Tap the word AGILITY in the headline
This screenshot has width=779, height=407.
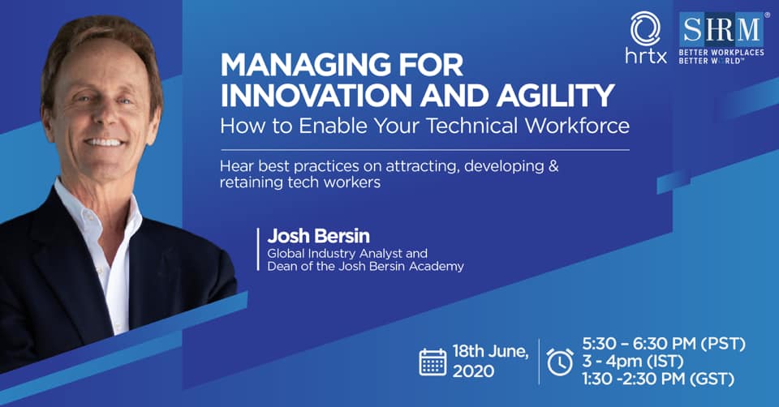(x=556, y=96)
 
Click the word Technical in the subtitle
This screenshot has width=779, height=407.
(x=473, y=126)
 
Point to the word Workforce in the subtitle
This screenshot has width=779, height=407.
(x=578, y=126)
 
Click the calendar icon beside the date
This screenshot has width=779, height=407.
(x=433, y=362)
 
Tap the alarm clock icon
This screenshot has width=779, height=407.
(x=560, y=361)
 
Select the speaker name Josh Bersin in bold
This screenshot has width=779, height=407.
(x=318, y=236)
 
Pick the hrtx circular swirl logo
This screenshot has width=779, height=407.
(x=645, y=29)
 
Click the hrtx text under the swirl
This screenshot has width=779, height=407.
(x=646, y=57)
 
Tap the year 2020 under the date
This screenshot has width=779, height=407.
(x=473, y=371)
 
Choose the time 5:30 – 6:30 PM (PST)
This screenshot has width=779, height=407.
(x=665, y=344)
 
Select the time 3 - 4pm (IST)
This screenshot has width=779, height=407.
(x=633, y=362)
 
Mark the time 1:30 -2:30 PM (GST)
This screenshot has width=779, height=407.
(x=658, y=379)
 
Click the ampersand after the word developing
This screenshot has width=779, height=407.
(x=553, y=165)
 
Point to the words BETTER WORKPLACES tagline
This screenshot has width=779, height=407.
(x=721, y=53)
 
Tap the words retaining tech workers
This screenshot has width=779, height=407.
(x=300, y=182)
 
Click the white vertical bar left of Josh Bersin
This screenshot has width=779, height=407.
(x=258, y=249)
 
